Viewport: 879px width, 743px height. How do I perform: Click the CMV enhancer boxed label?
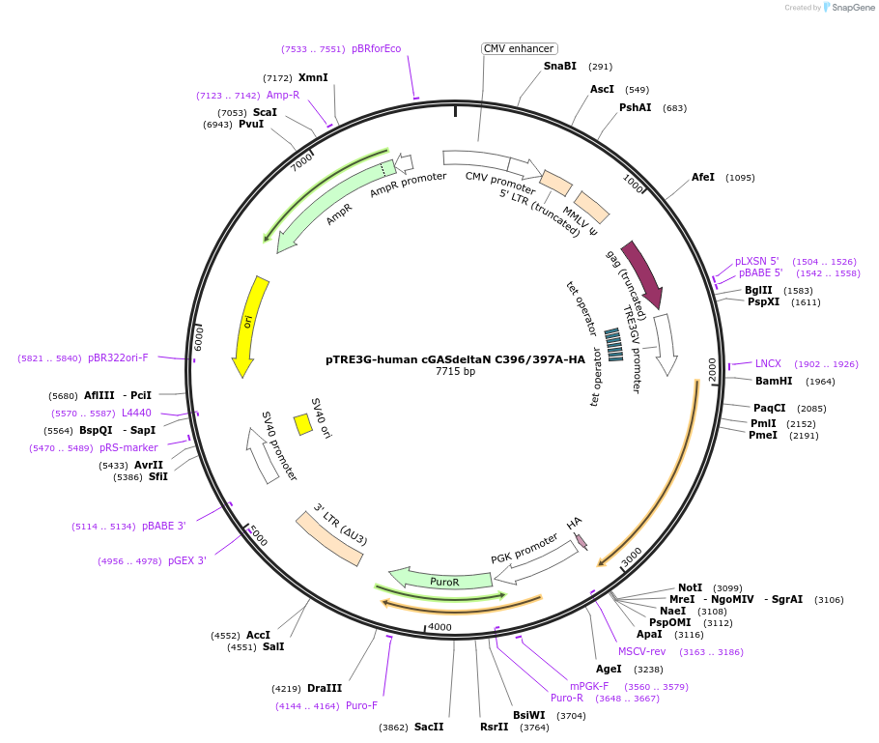tap(520, 48)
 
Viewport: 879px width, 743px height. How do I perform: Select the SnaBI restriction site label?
tap(559, 66)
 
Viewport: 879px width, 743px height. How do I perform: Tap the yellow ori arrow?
tap(248, 325)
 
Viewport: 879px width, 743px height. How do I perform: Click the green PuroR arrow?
tap(444, 581)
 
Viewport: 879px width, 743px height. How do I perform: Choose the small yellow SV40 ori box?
tap(302, 424)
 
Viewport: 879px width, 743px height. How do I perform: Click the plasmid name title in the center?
tap(455, 359)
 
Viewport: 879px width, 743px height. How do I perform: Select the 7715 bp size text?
tap(455, 371)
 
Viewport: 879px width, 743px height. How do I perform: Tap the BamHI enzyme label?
tap(774, 381)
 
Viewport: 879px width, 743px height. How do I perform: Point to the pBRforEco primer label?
tap(376, 48)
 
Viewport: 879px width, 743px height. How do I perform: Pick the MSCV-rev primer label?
tap(641, 651)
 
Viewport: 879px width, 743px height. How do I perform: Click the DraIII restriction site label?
tap(325, 688)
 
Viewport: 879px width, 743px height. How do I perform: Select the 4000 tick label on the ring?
tap(439, 627)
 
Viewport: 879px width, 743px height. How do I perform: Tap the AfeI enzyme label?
tap(703, 177)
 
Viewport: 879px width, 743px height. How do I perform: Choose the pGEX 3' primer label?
tap(186, 560)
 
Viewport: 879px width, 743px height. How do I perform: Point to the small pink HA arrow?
tap(581, 541)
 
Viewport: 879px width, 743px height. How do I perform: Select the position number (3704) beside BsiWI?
tap(571, 716)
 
